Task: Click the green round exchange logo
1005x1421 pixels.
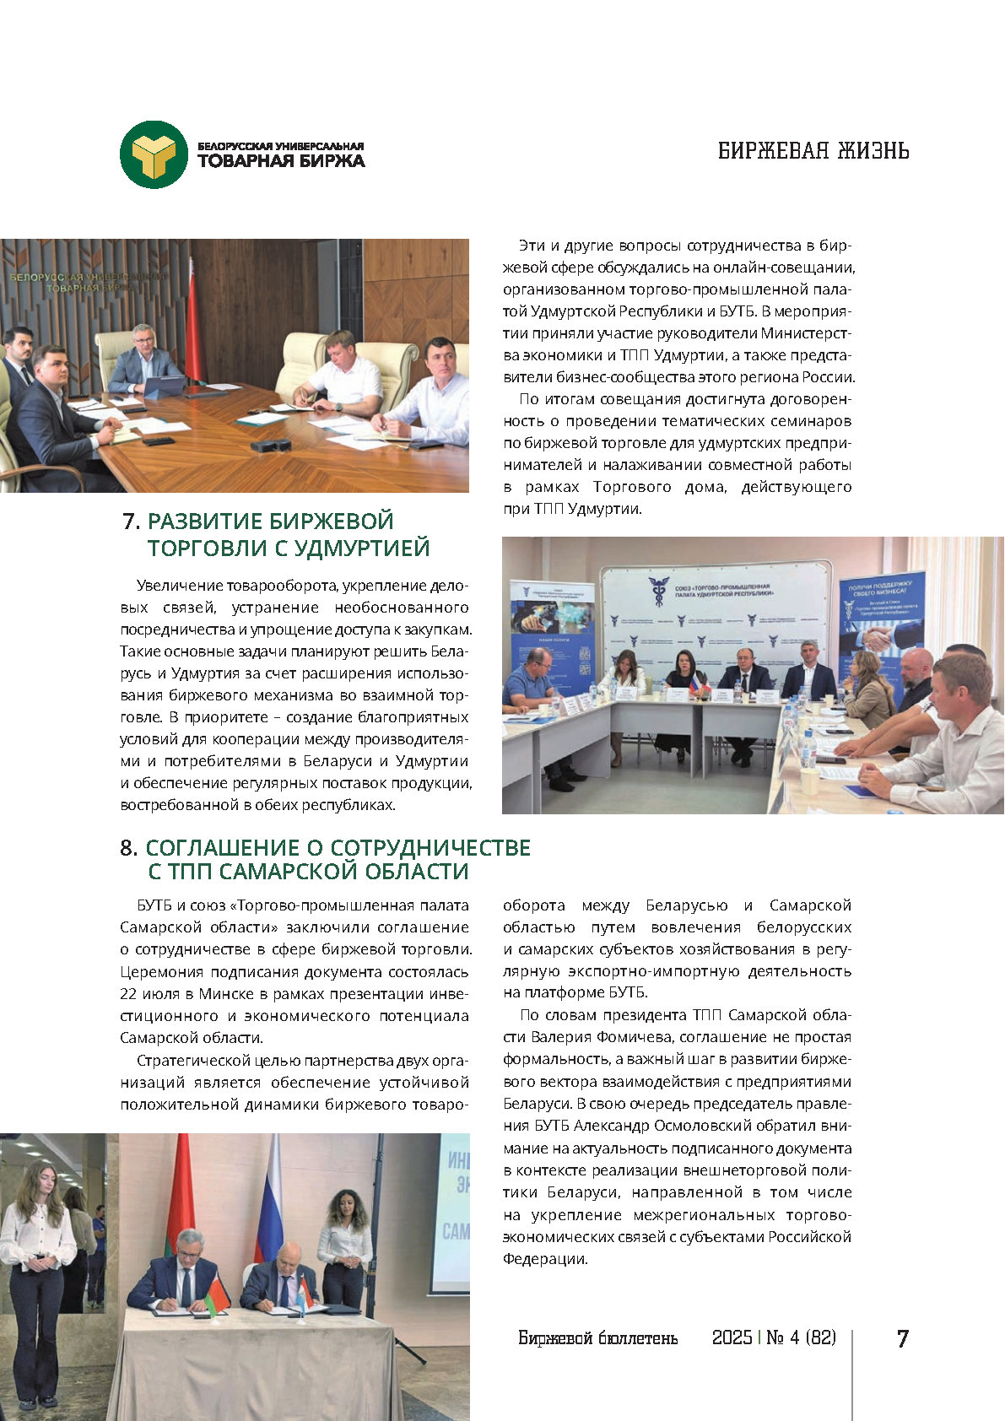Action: [x=154, y=154]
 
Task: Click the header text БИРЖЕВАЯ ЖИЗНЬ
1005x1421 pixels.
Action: [x=813, y=151]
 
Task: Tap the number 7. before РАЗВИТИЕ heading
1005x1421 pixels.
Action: [x=131, y=521]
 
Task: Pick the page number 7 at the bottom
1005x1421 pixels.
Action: [x=902, y=1338]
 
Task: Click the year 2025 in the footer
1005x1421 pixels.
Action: [x=732, y=1337]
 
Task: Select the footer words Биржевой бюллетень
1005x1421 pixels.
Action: [x=597, y=1337]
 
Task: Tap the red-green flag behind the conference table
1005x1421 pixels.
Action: [x=192, y=329]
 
